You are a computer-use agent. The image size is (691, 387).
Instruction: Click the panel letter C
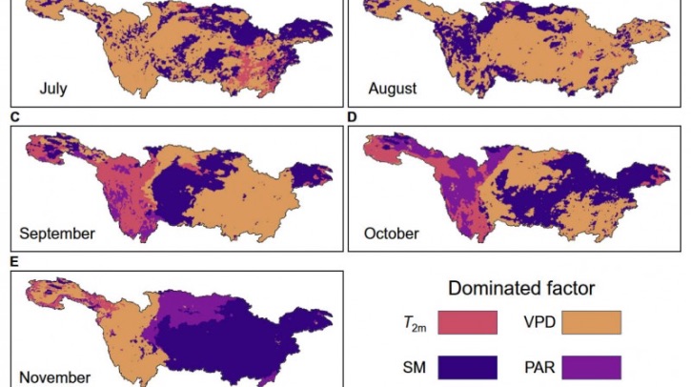14,116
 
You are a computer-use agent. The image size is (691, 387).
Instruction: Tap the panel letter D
352,116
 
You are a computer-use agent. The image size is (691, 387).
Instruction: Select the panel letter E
14,260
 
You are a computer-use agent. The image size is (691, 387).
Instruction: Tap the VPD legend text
541,324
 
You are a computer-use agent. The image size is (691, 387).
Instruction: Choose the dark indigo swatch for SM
467,367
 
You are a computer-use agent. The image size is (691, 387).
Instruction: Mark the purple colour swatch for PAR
591,367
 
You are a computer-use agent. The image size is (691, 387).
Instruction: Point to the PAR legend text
541,367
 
